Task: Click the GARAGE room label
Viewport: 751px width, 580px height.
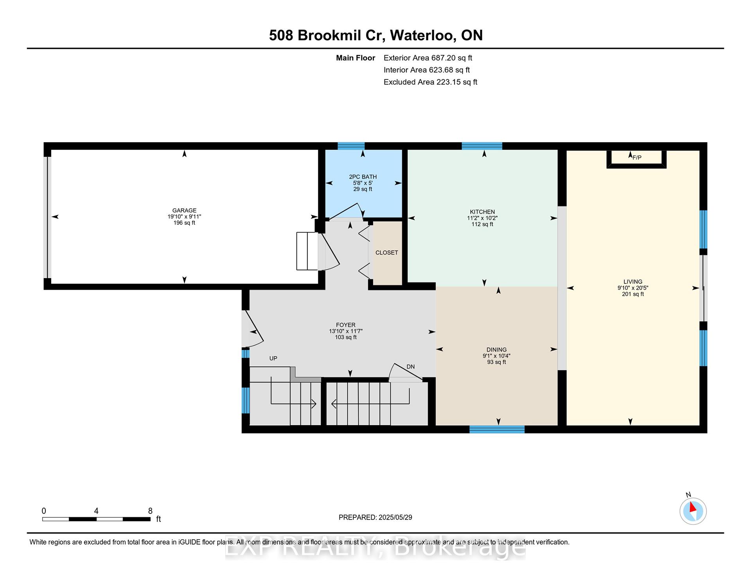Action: click(184, 210)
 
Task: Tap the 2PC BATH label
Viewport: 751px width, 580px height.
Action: click(363, 177)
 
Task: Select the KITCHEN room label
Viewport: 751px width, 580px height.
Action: click(482, 212)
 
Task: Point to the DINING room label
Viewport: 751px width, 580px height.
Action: click(496, 350)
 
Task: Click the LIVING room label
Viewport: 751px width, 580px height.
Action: click(633, 282)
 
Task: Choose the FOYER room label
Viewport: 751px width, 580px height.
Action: click(346, 325)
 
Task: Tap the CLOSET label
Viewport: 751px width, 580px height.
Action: click(387, 253)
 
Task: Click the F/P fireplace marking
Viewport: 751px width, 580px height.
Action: click(637, 158)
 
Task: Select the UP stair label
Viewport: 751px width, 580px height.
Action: click(273, 358)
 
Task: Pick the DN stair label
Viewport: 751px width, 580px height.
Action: click(411, 367)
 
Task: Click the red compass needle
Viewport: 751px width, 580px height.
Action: click(692, 507)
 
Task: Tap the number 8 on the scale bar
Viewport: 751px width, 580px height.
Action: click(150, 511)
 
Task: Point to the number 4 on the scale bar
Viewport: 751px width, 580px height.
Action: click(96, 511)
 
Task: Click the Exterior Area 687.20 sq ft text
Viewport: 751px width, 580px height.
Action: click(428, 58)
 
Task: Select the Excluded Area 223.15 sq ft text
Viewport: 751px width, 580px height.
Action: click(430, 82)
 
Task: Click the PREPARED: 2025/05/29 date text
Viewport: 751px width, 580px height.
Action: click(375, 517)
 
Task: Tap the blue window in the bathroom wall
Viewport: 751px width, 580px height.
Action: click(351, 146)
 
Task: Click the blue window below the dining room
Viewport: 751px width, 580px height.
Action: click(497, 430)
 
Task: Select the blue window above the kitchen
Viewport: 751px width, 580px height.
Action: click(482, 146)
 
